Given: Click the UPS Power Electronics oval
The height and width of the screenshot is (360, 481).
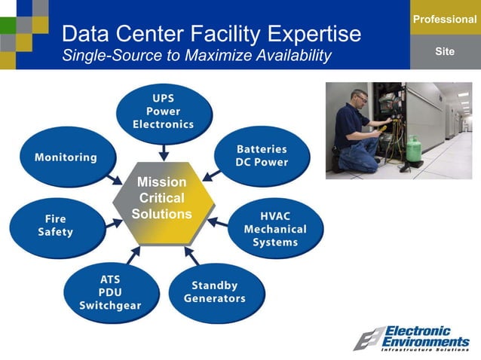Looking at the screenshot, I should click(x=163, y=112).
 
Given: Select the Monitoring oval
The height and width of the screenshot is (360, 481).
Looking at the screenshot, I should click(x=66, y=157).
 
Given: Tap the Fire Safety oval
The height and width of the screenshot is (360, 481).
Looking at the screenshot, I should click(x=56, y=225).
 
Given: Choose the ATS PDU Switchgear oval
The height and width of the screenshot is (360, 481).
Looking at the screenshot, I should click(x=110, y=292).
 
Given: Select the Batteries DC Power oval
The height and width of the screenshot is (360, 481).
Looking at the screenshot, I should click(x=261, y=155).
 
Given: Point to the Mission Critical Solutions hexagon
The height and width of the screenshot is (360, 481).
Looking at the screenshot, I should click(x=161, y=202).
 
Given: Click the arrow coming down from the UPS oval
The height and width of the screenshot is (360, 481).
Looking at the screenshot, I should click(x=163, y=151).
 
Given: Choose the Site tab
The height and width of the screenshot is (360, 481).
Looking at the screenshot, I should click(x=445, y=51).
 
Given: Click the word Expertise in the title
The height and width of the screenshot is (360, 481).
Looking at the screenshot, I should click(x=309, y=33).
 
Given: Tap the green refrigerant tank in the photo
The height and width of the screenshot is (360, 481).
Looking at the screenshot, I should click(x=413, y=148).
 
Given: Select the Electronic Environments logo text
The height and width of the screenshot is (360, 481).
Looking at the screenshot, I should click(x=426, y=337).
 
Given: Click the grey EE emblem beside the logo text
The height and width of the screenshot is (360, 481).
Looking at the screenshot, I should click(x=368, y=339).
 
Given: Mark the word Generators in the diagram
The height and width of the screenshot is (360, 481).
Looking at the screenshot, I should click(x=215, y=298).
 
